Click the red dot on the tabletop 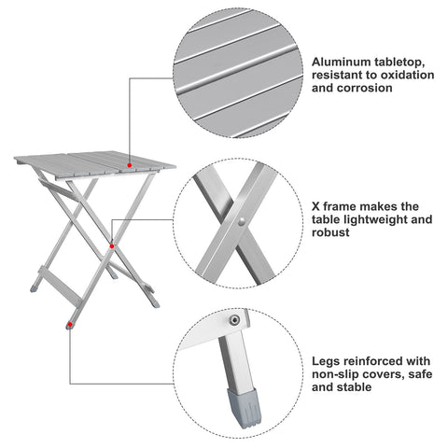click(x=130, y=165)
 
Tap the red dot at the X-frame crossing click(x=112, y=246)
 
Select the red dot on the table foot click(x=70, y=325)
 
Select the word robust click(x=330, y=232)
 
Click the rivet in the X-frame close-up click(x=241, y=222)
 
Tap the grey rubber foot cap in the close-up click(x=245, y=408)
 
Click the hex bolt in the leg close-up click(x=234, y=320)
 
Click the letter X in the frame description click(x=315, y=206)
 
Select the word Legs click(x=324, y=361)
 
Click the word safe click(x=421, y=374)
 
